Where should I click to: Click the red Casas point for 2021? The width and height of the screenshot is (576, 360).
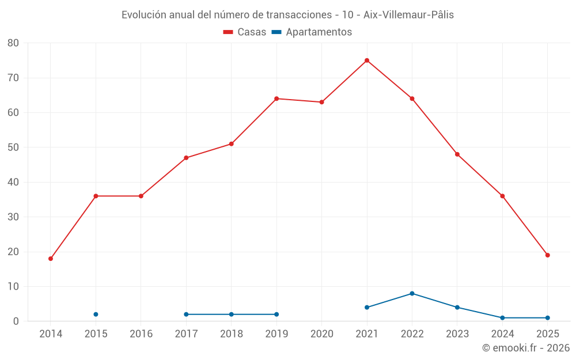367,60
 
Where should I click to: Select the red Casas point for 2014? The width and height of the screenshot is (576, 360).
51,259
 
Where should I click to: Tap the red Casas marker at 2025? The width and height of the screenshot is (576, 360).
548,255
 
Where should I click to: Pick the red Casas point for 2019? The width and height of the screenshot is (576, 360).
276,98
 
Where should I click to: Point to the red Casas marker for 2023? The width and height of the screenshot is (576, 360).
457,154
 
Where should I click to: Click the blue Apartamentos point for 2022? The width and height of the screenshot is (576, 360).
412,293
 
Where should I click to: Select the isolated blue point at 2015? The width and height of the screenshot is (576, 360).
96,314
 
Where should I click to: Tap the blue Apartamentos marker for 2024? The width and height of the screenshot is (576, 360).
502,318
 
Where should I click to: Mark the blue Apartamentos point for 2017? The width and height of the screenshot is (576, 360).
186,314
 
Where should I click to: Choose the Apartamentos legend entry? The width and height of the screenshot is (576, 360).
319,32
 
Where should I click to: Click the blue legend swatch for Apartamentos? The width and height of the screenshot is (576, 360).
277,32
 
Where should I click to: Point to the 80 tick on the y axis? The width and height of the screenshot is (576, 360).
13,43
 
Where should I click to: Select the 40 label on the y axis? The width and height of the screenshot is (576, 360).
13,182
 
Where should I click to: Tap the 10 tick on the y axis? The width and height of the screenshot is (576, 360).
13,286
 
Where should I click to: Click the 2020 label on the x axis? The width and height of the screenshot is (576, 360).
322,334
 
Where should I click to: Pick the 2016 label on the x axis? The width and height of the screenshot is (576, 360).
141,334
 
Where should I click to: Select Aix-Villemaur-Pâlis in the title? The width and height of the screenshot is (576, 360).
408,15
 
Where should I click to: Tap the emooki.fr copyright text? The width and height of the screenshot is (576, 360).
526,348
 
